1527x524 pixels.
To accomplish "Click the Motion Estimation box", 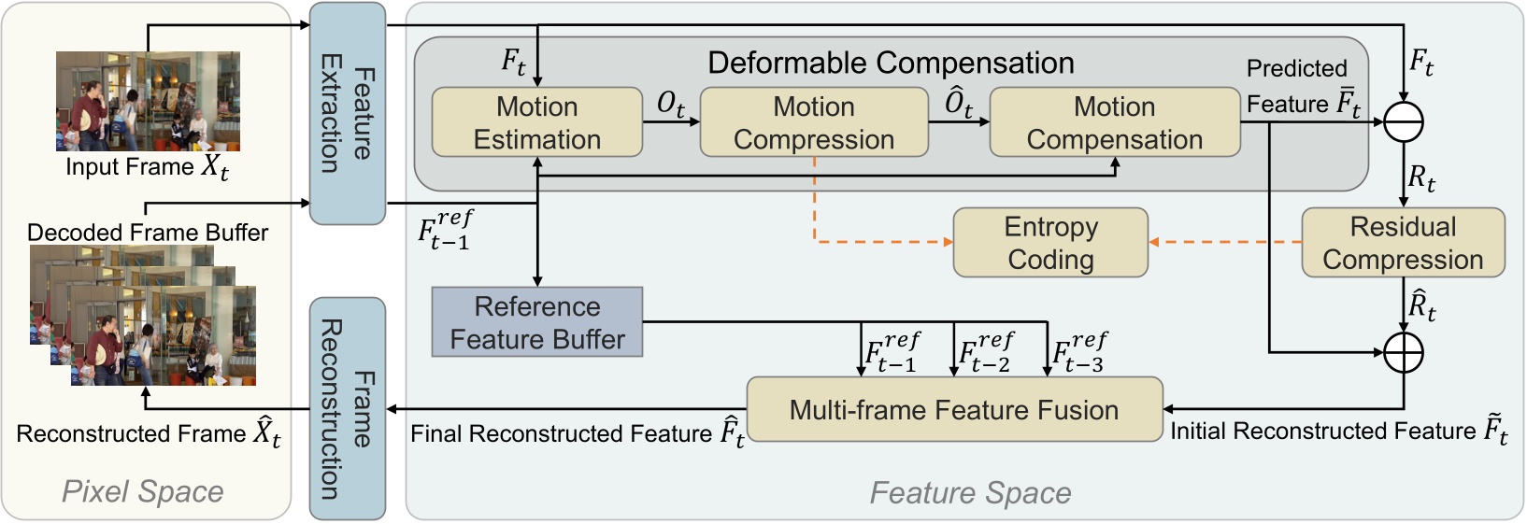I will click(x=536, y=122).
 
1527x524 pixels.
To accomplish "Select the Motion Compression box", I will click(x=813, y=122).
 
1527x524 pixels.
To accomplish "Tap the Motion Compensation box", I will click(x=1114, y=122).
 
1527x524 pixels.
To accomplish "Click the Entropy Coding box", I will click(x=1050, y=243).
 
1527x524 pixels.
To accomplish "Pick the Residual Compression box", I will click(x=1402, y=243).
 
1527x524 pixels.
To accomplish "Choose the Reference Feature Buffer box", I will click(x=536, y=322).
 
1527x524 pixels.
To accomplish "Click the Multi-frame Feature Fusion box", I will click(x=954, y=409).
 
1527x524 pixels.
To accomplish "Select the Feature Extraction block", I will click(x=347, y=113).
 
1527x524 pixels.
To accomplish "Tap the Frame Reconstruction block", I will click(x=347, y=408).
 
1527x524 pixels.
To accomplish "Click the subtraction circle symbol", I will click(x=1403, y=121).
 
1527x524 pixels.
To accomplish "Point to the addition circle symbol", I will click(x=1403, y=352).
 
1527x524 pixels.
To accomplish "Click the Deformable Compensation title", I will click(x=890, y=63).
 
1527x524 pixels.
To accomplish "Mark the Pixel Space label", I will click(x=142, y=491).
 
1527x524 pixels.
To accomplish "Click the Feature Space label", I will click(x=970, y=492).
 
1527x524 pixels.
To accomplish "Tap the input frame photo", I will click(x=148, y=101).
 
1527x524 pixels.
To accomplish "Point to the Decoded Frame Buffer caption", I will click(x=148, y=233).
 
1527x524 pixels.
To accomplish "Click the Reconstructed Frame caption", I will click(x=148, y=434).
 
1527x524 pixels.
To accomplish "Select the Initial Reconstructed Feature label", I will click(x=1338, y=431).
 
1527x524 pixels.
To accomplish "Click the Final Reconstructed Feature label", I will click(x=577, y=433).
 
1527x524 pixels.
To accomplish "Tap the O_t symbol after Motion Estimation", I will click(x=670, y=105).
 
